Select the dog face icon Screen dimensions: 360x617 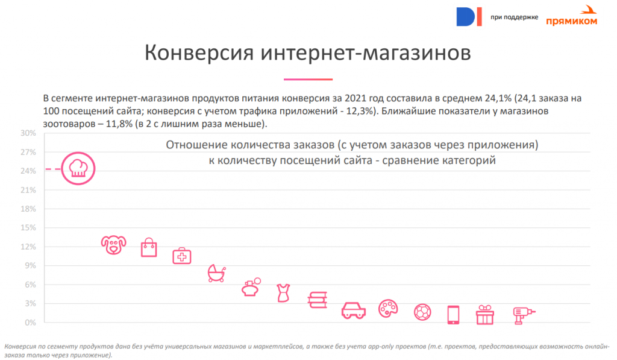113,244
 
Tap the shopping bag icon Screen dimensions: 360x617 149,248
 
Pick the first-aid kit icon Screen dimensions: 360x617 182,256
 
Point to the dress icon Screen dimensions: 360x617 283,293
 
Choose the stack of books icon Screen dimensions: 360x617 318,300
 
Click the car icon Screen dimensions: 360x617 354,311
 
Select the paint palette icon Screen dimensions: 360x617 388,309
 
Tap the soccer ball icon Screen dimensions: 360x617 423,312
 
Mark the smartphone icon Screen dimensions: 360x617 453,315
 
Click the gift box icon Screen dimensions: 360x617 485,315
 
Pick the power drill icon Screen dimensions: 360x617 522,314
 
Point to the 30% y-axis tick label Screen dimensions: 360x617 28,133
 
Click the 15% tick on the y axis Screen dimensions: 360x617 28,228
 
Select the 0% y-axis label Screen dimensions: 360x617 30,323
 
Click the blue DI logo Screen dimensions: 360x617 469,16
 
